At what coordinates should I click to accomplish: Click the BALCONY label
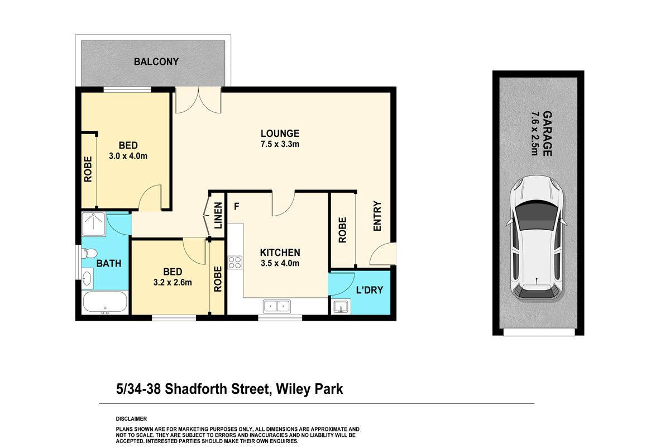[156, 61]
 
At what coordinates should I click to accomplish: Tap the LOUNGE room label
[280, 134]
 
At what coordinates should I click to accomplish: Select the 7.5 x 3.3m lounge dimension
[280, 144]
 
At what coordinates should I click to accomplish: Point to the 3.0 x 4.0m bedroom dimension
[128, 156]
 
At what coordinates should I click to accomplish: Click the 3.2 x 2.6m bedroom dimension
[173, 282]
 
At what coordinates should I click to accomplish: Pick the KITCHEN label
[280, 253]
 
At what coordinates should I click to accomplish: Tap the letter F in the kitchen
[237, 206]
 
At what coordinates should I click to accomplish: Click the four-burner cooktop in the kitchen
[234, 262]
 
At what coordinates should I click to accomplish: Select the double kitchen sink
[276, 306]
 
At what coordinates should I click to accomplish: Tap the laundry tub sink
[339, 307]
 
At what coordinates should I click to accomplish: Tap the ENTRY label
[377, 217]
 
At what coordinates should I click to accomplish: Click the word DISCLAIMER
[131, 419]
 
